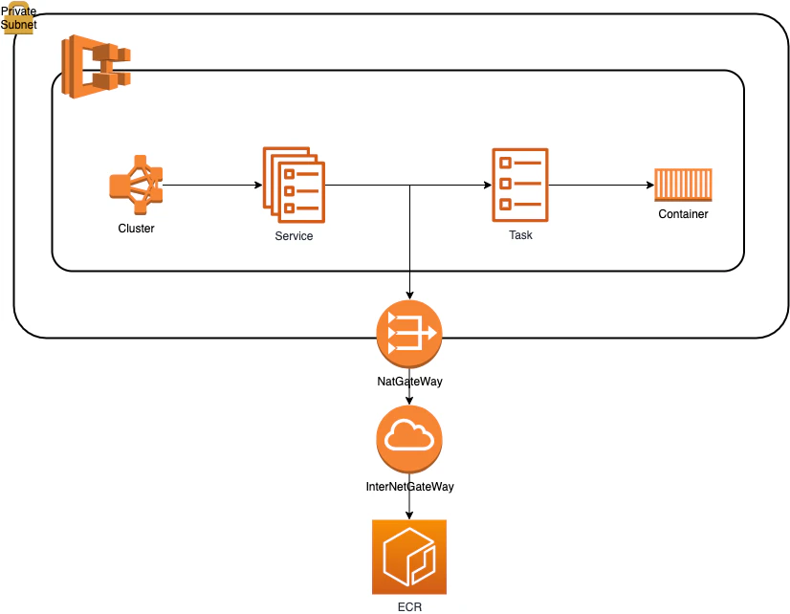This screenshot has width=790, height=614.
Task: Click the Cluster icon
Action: pos(136,185)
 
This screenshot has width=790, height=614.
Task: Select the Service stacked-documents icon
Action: pos(294,185)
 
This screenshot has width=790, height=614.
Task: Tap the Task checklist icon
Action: pos(520,185)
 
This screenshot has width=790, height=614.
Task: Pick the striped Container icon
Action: pos(683,185)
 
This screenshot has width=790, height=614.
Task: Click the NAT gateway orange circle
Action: pos(409,334)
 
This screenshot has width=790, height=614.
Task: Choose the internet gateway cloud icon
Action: pos(409,439)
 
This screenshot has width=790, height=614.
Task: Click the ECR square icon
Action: pos(409,557)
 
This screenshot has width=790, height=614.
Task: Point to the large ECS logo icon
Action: pos(96,67)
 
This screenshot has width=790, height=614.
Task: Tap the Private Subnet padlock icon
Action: pos(18,18)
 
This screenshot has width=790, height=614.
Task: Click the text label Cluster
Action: pos(136,229)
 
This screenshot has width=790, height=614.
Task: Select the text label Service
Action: pos(294,235)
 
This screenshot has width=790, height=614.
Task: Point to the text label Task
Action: pos(520,234)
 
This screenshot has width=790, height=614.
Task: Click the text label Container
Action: pos(683,214)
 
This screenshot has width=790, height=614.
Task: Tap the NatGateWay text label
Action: pos(409,382)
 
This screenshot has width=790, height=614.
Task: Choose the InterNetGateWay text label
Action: pos(409,487)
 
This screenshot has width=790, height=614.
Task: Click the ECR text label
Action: pos(409,607)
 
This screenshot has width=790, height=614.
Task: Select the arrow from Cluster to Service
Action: pos(212,185)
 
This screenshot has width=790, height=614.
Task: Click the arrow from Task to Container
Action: pos(602,185)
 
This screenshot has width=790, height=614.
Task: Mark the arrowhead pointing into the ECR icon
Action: pos(409,515)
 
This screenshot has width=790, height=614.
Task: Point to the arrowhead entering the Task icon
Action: pos(488,185)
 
